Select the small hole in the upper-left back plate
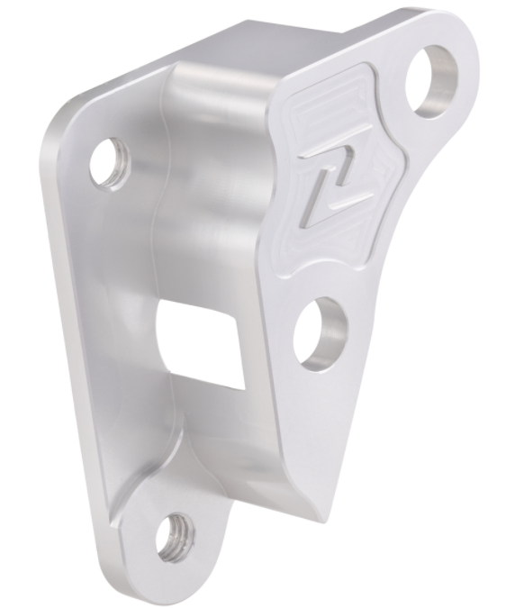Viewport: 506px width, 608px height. (110, 162)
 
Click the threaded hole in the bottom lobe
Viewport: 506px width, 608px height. (175, 538)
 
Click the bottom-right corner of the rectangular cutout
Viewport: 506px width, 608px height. (244, 387)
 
